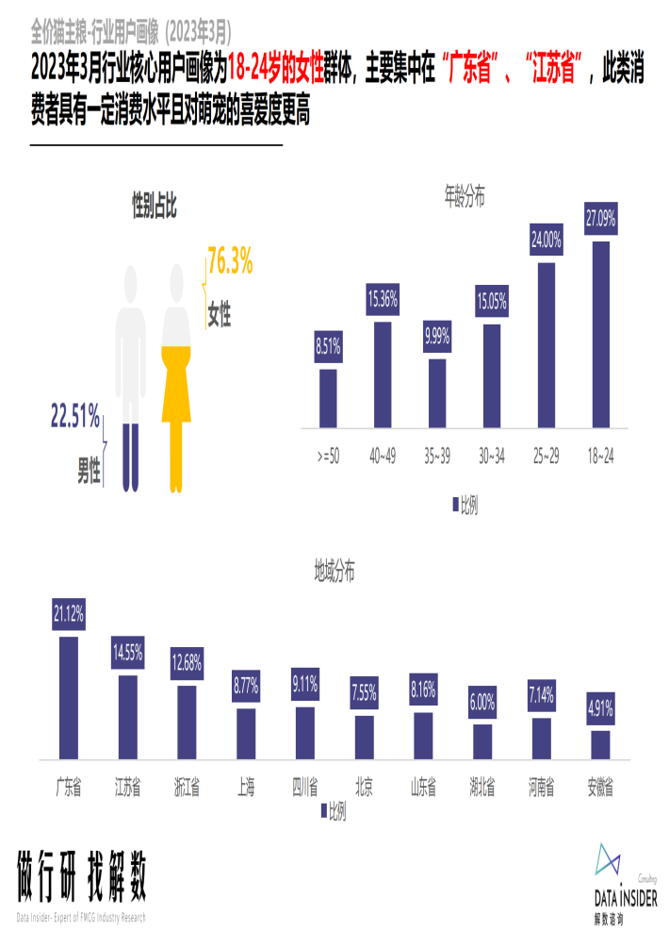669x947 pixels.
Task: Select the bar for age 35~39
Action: (436, 393)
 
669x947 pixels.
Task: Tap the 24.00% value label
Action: (547, 241)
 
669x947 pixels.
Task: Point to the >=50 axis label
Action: (328, 457)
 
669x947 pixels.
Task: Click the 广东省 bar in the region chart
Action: (69, 697)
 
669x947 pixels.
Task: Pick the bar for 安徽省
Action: (600, 744)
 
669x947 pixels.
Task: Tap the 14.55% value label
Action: (127, 651)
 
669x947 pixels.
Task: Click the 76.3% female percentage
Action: (230, 264)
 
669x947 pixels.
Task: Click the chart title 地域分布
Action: (334, 571)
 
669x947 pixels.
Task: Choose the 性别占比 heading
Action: (154, 202)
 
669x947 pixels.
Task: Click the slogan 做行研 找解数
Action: (82, 879)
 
